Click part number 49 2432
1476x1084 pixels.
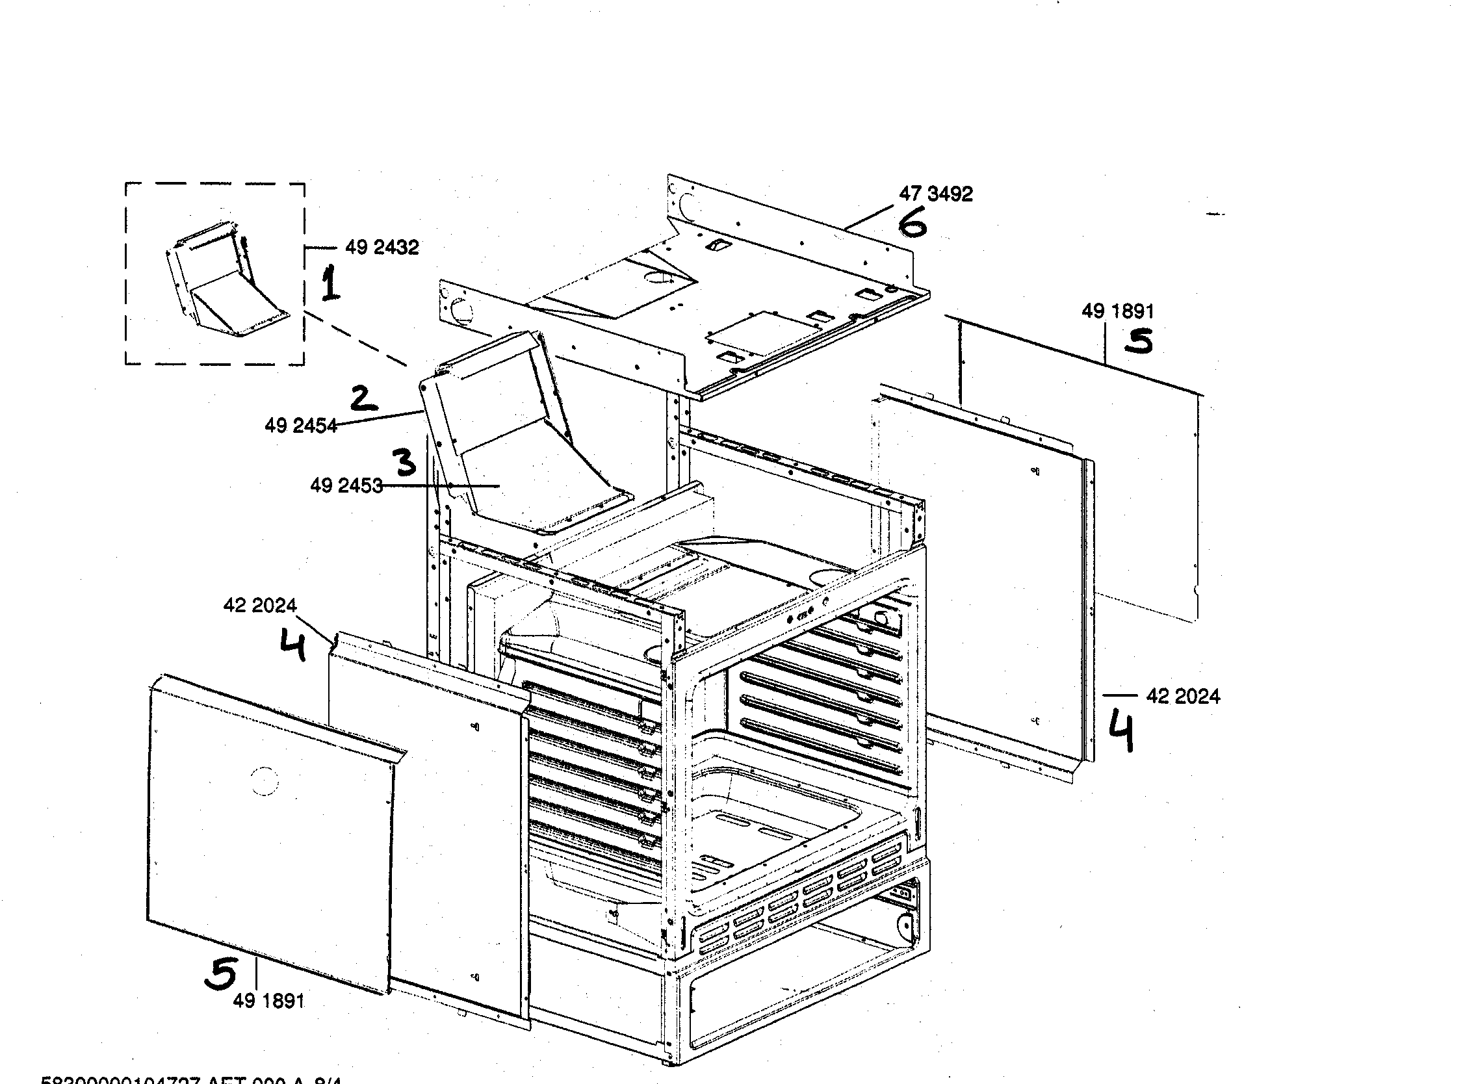pos(382,248)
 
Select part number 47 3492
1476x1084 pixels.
pos(935,194)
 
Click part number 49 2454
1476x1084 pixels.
pos(300,426)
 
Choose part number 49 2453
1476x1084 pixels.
pos(346,486)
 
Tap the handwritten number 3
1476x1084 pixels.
pos(406,463)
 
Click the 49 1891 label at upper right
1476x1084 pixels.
pos(1117,311)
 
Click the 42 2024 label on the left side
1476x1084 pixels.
pos(260,605)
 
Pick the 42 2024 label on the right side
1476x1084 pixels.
pos(1183,696)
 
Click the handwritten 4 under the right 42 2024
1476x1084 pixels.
pos(1122,732)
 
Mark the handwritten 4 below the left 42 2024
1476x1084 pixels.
pos(293,645)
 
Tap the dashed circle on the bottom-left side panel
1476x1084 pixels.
pos(264,781)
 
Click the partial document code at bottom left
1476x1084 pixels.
pos(190,1079)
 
